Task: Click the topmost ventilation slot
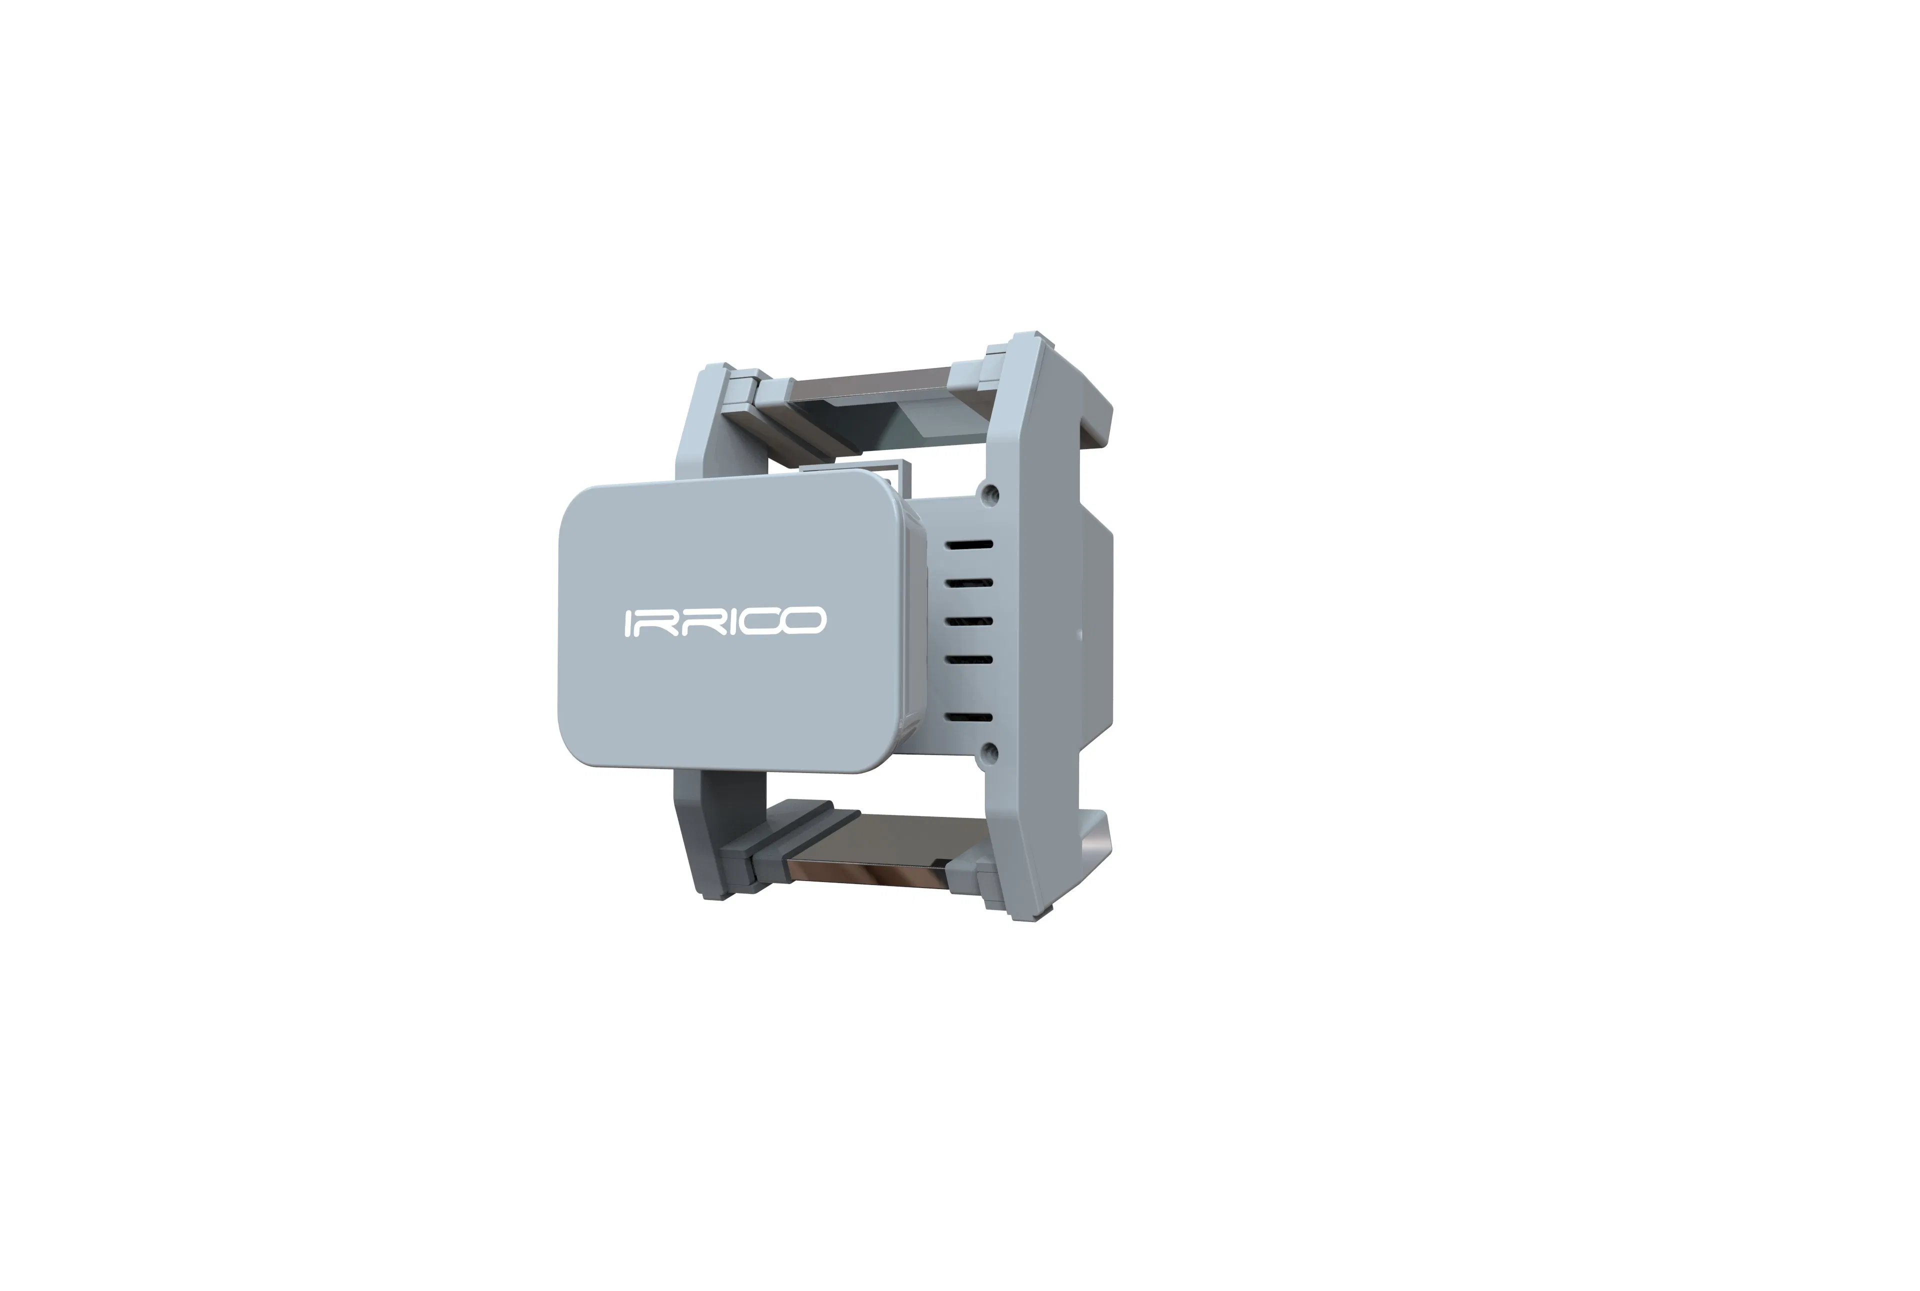click(x=969, y=545)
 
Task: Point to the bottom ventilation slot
click(x=969, y=717)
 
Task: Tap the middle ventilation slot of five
click(x=969, y=621)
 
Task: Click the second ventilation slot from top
click(x=969, y=583)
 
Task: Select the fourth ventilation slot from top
click(x=969, y=659)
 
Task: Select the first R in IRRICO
click(x=658, y=622)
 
